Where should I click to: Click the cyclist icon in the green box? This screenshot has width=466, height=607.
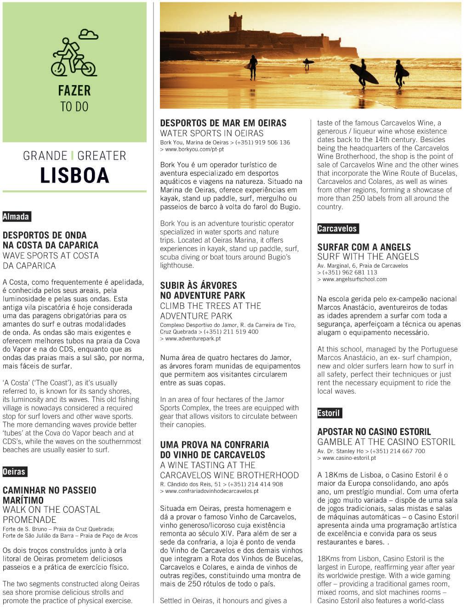coord(73,58)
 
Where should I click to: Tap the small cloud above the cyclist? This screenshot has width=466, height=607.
coord(88,34)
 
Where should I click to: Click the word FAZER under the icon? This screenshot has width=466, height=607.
coord(74,91)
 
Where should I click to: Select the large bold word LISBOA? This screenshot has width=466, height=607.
coord(74,175)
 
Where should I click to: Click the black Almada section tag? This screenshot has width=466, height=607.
coord(16,217)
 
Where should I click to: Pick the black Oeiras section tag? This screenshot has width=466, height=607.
coord(14,472)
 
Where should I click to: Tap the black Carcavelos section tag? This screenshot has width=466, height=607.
coord(337,229)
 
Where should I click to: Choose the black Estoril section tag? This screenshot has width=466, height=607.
coord(329,413)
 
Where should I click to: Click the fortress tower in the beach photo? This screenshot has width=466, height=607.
coord(235,22)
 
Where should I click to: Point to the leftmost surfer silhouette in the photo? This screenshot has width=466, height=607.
coord(253,67)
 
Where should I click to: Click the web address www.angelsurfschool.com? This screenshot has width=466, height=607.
coord(354,279)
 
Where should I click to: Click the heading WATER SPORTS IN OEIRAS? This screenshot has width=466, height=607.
coord(212,133)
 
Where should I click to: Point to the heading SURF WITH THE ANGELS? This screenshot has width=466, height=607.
coord(368,257)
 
